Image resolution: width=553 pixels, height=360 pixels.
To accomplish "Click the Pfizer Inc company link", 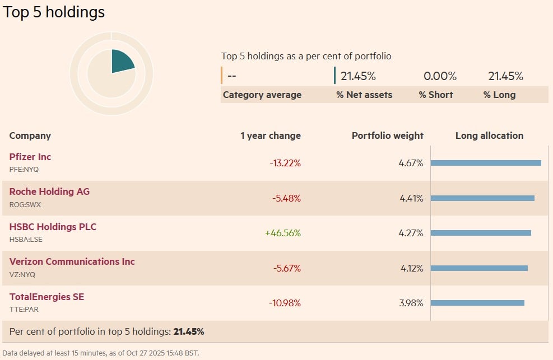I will (30, 157).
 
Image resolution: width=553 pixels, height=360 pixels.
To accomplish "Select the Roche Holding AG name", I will (49, 191).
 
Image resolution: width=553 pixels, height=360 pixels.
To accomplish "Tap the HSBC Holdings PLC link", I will (53, 227).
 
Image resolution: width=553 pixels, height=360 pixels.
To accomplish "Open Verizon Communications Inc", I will (72, 261).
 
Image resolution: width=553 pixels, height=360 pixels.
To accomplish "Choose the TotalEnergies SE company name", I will (47, 297).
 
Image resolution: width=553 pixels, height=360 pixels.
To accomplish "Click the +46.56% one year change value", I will (283, 233).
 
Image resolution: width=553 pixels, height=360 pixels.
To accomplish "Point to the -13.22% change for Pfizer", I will (285, 163).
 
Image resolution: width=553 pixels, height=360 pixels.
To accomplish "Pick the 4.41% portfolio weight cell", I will (411, 198).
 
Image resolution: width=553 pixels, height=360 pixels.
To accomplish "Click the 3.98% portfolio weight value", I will (411, 303).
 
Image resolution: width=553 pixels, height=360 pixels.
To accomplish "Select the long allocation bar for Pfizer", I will (486, 163).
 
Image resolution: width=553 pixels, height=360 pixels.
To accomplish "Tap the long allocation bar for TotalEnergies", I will (477, 303).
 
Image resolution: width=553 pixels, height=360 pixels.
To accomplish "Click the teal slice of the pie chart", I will (121, 62).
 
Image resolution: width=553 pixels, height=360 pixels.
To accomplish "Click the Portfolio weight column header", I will (388, 135).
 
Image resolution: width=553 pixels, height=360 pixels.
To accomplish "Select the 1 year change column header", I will (271, 135).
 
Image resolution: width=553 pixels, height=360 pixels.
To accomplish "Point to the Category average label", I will (262, 95).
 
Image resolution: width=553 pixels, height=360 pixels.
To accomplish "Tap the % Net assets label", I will (364, 95).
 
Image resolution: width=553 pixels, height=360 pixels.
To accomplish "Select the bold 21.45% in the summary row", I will (188, 331).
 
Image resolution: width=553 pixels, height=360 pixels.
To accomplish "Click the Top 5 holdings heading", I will (54, 12).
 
